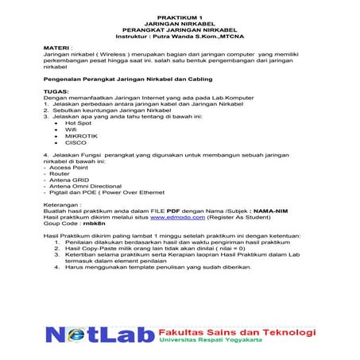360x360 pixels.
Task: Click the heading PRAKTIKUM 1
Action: [180, 16]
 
